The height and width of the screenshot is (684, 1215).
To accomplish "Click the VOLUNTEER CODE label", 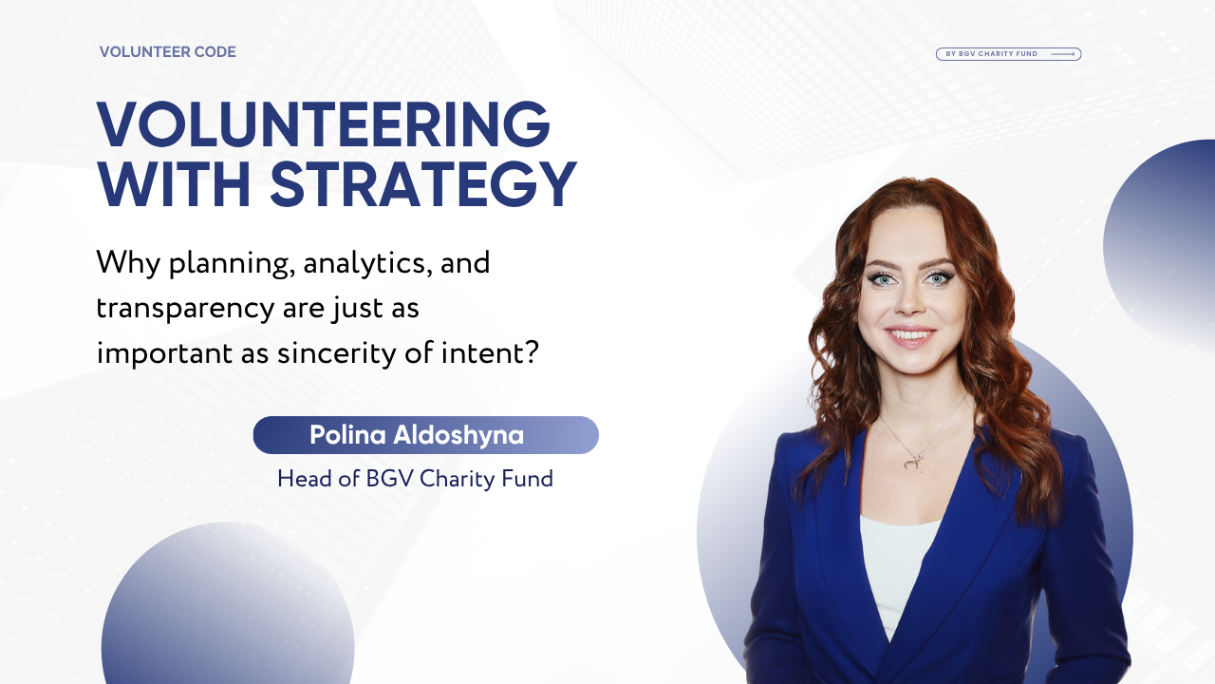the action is [x=168, y=52].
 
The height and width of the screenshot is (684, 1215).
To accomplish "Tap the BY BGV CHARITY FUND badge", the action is [x=1008, y=54].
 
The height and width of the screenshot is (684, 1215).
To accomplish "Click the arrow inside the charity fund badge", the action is [x=1062, y=54].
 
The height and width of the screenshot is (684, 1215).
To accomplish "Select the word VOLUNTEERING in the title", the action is [x=324, y=124].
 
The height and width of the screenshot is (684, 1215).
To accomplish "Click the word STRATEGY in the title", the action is [x=423, y=184].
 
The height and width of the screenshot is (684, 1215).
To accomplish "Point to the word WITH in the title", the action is [x=174, y=184].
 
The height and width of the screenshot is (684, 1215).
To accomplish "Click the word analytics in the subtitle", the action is [x=367, y=264].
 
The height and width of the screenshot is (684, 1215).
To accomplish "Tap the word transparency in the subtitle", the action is [x=185, y=310].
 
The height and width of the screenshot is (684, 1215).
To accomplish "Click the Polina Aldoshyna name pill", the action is [x=426, y=435].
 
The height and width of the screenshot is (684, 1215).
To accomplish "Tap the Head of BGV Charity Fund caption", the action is [x=416, y=479].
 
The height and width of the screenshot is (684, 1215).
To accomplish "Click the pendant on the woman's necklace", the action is [x=913, y=462].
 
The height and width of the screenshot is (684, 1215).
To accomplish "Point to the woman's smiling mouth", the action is [x=910, y=336].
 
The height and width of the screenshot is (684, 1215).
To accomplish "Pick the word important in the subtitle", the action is [x=164, y=353].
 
